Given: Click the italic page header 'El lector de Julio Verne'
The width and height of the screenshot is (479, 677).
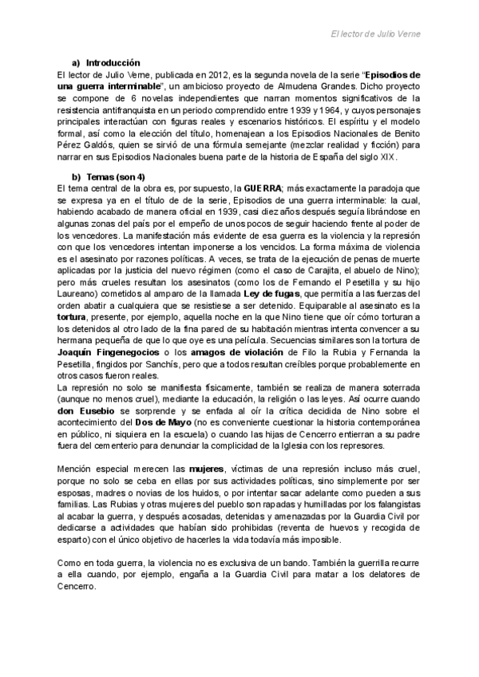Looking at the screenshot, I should (x=375, y=34).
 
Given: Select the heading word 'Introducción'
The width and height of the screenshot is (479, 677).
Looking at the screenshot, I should (x=113, y=63).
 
